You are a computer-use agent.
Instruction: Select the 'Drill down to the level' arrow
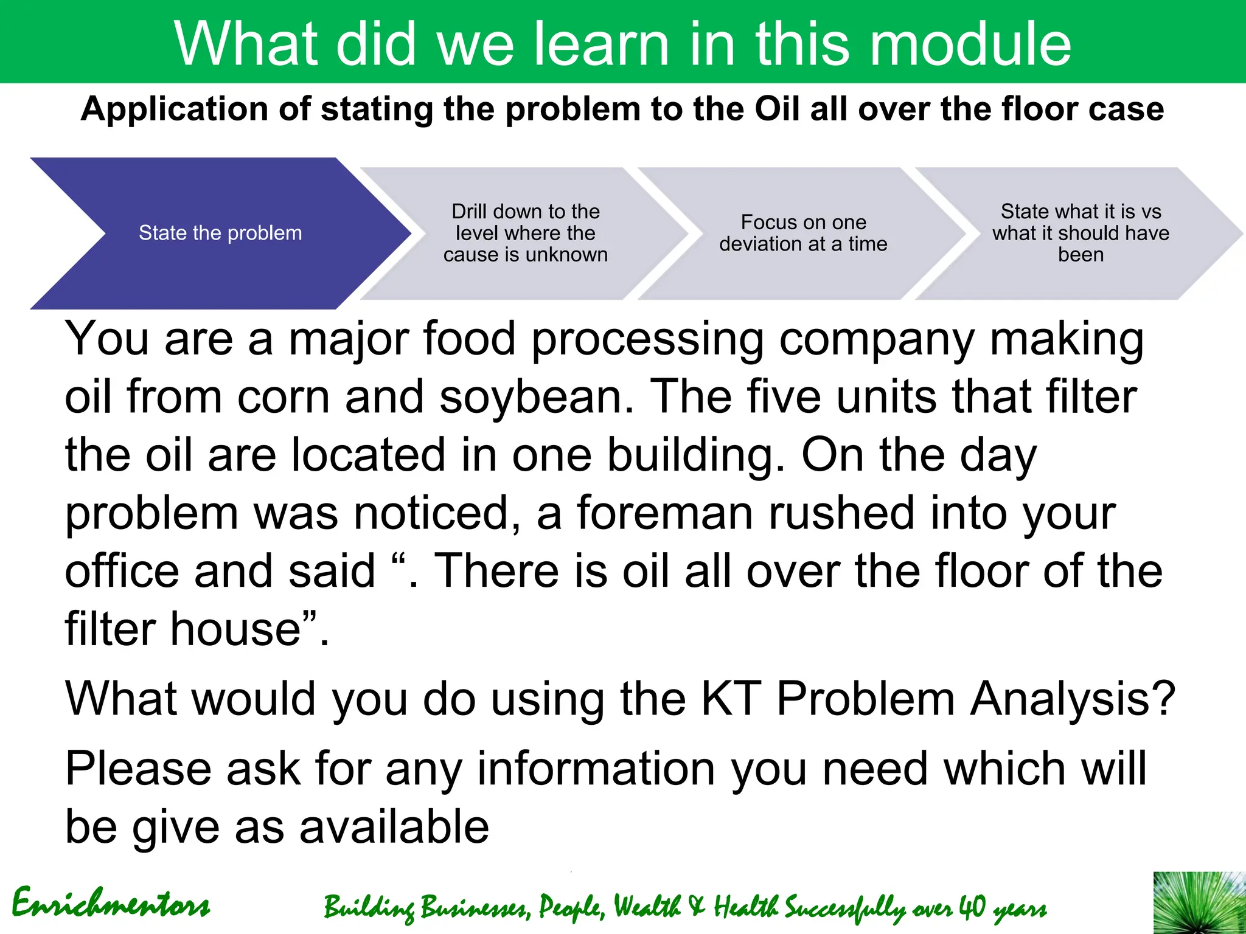pyautogui.click(x=525, y=233)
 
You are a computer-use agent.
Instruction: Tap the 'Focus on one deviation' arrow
pyautogui.click(x=802, y=233)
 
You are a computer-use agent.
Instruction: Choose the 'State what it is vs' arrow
pyautogui.click(x=1081, y=233)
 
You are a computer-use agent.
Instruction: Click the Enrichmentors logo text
pyautogui.click(x=111, y=904)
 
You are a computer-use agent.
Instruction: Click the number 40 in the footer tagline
pyautogui.click(x=972, y=907)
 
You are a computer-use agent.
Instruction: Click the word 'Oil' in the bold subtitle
pyautogui.click(x=777, y=109)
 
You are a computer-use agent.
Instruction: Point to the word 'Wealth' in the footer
pyautogui.click(x=646, y=907)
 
